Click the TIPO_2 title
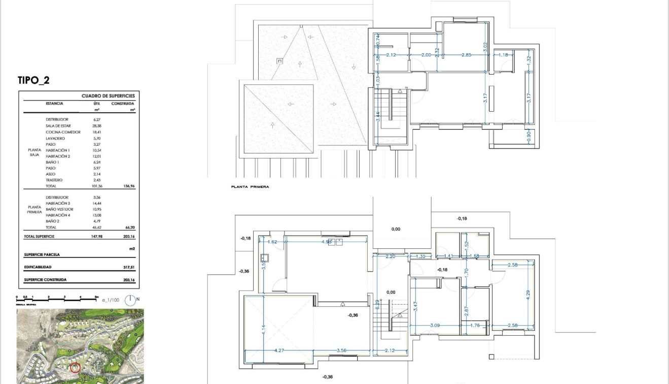click(x=33, y=80)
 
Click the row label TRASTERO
click(x=54, y=180)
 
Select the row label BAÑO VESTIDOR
click(x=59, y=209)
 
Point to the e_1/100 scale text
click(x=110, y=301)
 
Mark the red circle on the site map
click(x=76, y=367)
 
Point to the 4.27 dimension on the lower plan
click(x=278, y=350)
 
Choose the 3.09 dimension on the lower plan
click(x=435, y=326)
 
